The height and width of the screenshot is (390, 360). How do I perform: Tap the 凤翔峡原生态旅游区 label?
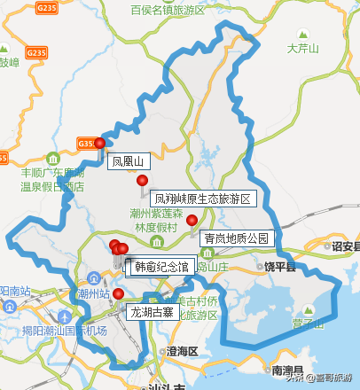(203, 199)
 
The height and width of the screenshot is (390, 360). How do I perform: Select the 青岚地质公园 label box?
(235, 238)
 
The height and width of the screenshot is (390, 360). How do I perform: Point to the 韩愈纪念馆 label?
(160, 266)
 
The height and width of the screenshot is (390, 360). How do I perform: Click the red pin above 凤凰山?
(100, 143)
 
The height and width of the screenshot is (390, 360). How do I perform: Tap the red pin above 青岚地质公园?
(192, 220)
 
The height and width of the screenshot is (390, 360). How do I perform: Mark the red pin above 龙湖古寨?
(118, 293)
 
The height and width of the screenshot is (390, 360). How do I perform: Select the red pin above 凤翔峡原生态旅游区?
(142, 181)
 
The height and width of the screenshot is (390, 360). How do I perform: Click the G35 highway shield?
(86, 143)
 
